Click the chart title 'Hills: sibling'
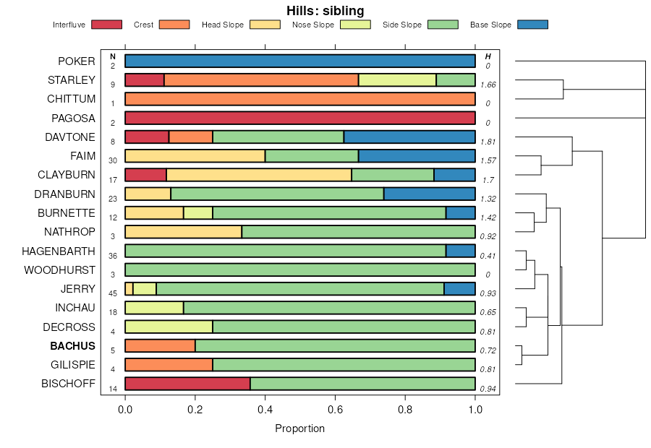click(325, 10)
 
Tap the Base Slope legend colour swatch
click(532, 25)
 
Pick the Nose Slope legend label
click(313, 25)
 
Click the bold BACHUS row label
click(72, 346)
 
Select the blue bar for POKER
click(299, 61)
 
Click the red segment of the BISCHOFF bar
click(187, 384)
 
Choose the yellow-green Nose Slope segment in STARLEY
click(397, 80)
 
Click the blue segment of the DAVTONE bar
click(409, 137)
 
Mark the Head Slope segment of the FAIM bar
click(195, 155)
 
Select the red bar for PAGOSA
click(299, 118)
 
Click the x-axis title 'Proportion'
click(299, 428)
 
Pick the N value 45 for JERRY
click(113, 293)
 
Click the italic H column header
click(488, 56)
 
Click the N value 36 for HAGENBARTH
click(113, 255)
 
